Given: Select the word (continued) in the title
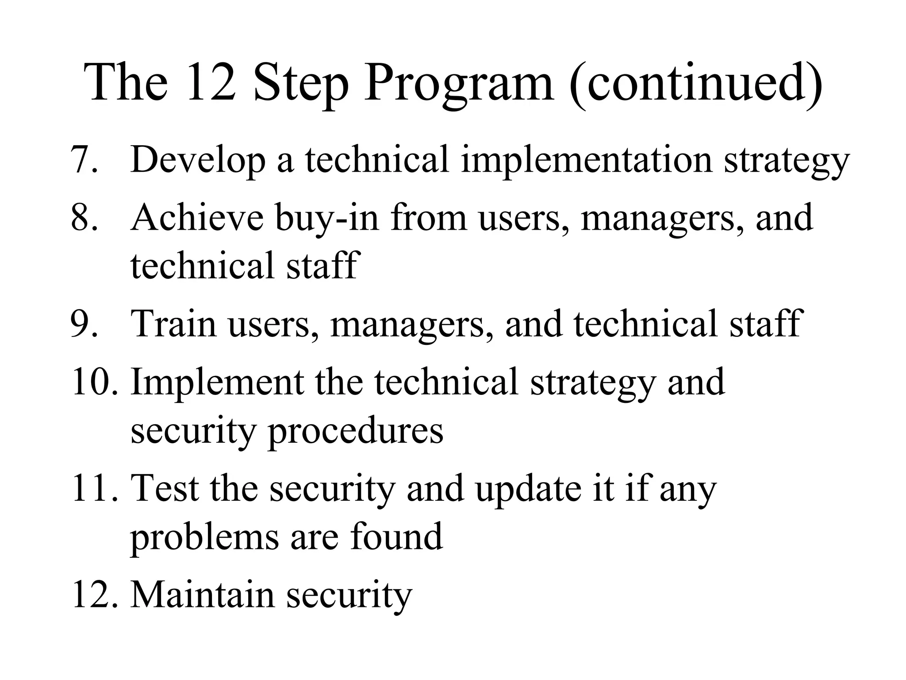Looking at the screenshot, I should tap(696, 84).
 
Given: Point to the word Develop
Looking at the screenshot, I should tap(198, 160).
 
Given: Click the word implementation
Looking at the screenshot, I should tap(587, 160).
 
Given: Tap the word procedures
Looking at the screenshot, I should tap(355, 432).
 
